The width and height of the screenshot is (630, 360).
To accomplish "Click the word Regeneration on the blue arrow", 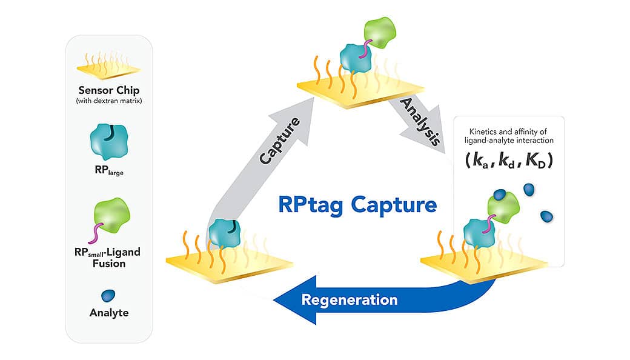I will click(x=350, y=299).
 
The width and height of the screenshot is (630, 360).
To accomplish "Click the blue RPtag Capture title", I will click(x=357, y=204).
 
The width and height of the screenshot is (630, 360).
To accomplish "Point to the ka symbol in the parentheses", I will click(x=480, y=161).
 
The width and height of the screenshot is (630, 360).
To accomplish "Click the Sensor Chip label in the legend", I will click(x=108, y=90).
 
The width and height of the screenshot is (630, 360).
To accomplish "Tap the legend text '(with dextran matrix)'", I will click(x=108, y=101).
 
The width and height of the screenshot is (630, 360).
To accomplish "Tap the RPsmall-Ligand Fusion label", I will click(x=108, y=257).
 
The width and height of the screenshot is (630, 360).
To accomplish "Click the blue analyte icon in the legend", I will click(x=109, y=295).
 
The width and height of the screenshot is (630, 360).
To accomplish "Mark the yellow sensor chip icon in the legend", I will click(x=109, y=67).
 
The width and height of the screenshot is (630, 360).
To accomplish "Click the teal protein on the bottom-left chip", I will click(x=224, y=236).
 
